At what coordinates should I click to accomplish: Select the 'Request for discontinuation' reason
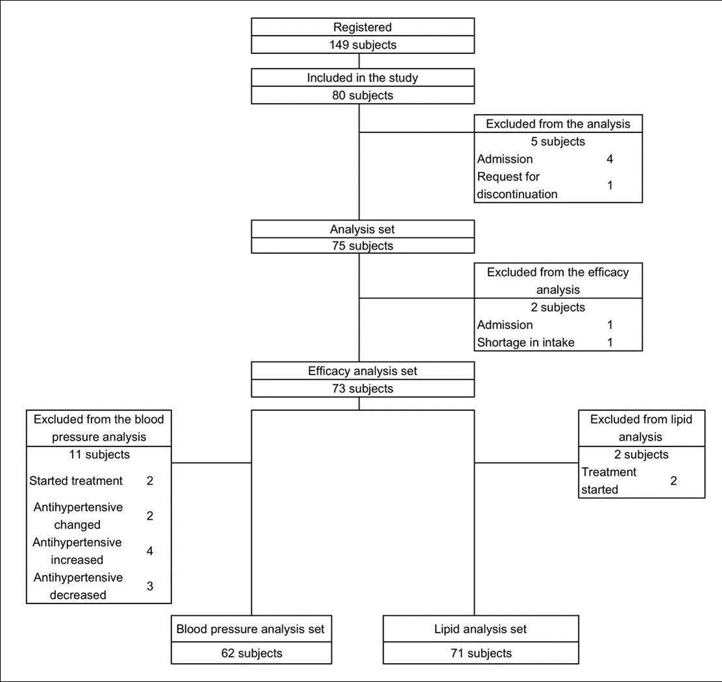click(x=517, y=185)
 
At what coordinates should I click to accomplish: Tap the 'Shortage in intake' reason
click(x=526, y=342)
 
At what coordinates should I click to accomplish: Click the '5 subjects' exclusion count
click(x=558, y=141)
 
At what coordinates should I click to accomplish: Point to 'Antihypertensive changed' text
click(x=78, y=516)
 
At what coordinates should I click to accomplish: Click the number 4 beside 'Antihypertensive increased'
click(x=150, y=551)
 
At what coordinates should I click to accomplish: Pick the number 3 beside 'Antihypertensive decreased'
click(x=150, y=586)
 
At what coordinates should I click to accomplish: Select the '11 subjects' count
click(x=99, y=454)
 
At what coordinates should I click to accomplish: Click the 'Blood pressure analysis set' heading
click(x=250, y=629)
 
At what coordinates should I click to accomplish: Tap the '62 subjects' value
click(x=250, y=653)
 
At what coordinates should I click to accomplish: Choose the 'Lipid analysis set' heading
click(x=480, y=629)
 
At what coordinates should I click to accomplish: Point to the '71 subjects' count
click(x=480, y=653)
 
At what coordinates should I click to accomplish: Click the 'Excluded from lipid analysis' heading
click(x=641, y=428)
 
